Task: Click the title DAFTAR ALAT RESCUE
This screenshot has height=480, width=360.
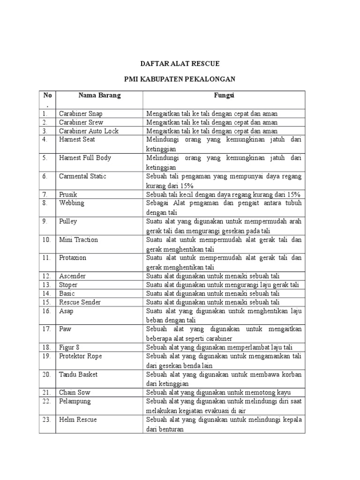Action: tap(180, 63)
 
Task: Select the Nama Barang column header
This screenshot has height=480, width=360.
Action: tap(99, 95)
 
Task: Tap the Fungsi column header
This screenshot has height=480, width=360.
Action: tap(224, 95)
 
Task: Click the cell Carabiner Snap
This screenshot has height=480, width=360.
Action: tap(81, 113)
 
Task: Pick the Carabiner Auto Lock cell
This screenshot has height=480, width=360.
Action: tap(89, 131)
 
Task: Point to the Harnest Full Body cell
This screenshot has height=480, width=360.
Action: tap(85, 158)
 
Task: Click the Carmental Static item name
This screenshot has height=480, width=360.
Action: tap(82, 176)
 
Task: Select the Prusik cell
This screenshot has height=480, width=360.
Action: tap(68, 194)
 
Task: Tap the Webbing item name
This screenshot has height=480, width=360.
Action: tap(71, 203)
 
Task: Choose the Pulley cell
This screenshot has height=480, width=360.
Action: tap(68, 221)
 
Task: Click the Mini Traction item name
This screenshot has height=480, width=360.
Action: tap(78, 240)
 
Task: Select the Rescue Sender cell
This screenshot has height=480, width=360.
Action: tap(80, 302)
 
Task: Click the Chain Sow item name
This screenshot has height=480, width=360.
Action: tap(75, 392)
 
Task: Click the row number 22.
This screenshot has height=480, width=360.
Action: tap(46, 402)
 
